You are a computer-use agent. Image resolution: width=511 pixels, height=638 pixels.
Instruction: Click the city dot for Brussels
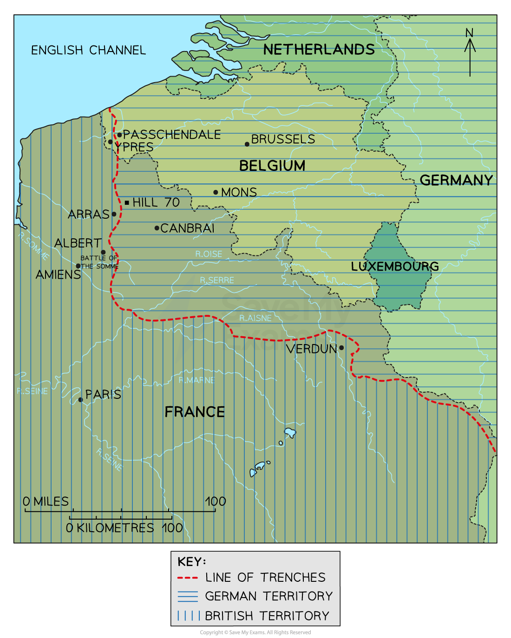pyautogui.click(x=247, y=144)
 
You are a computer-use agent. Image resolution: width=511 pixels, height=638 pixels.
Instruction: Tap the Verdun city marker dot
pyautogui.click(x=341, y=348)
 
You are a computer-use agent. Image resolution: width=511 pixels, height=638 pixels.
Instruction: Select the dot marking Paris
pyautogui.click(x=81, y=400)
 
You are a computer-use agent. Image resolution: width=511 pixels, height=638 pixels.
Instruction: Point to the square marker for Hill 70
pyautogui.click(x=127, y=203)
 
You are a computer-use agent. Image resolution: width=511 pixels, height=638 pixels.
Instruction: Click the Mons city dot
pyautogui.click(x=216, y=192)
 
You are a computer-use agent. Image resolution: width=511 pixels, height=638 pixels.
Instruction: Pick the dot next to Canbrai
pyautogui.click(x=157, y=228)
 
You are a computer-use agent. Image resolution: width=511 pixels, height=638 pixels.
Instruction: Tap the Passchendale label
pyautogui.click(x=172, y=135)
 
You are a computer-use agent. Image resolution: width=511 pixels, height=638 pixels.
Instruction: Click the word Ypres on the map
pyautogui.click(x=134, y=147)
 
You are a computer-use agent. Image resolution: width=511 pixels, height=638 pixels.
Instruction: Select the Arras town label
pyautogui.click(x=88, y=215)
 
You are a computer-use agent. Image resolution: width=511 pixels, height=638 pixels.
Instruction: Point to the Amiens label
pyautogui.click(x=58, y=275)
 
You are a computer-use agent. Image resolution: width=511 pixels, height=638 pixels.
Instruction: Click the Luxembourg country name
pyautogui.click(x=394, y=267)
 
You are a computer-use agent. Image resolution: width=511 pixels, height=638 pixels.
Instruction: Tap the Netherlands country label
pyautogui.click(x=319, y=50)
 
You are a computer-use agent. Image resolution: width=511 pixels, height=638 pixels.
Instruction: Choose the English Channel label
pyautogui.click(x=88, y=50)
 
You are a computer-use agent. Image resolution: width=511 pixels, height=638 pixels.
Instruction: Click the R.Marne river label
pyautogui.click(x=197, y=380)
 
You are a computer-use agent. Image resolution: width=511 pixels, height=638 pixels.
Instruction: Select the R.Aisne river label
pyautogui.click(x=255, y=318)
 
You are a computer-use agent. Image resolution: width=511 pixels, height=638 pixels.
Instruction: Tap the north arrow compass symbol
pyautogui.click(x=470, y=51)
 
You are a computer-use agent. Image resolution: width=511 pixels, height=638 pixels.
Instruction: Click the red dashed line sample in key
pyautogui.click(x=188, y=578)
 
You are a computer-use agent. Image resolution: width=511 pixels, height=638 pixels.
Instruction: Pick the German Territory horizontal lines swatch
pyautogui.click(x=188, y=596)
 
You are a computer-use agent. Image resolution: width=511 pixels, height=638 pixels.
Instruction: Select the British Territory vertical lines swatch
pyautogui.click(x=188, y=616)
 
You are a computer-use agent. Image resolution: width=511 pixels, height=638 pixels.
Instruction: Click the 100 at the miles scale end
pyautogui.click(x=215, y=501)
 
